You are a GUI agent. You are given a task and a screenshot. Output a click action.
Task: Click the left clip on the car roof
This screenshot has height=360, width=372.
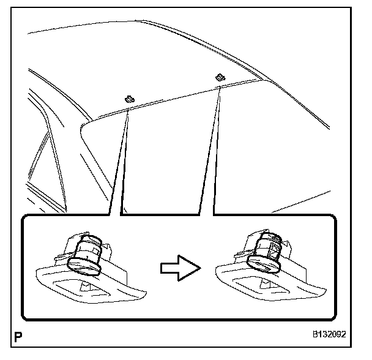[129, 98]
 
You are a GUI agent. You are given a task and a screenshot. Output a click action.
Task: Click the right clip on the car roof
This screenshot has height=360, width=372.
[218, 77]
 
